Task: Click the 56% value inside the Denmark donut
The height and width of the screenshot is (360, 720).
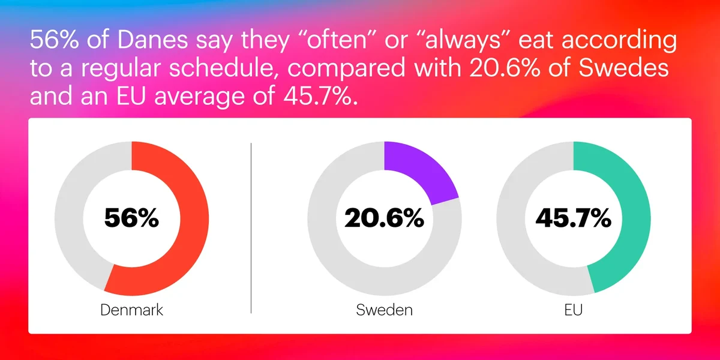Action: (x=131, y=218)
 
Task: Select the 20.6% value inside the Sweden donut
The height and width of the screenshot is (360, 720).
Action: (x=384, y=218)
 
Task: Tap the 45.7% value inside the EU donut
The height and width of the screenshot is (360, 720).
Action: (x=574, y=218)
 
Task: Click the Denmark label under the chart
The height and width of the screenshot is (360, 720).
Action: (x=131, y=310)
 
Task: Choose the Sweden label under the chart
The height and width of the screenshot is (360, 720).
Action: (x=384, y=310)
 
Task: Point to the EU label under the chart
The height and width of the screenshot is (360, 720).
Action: (x=574, y=310)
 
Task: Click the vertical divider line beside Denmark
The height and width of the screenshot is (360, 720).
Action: (x=251, y=228)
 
